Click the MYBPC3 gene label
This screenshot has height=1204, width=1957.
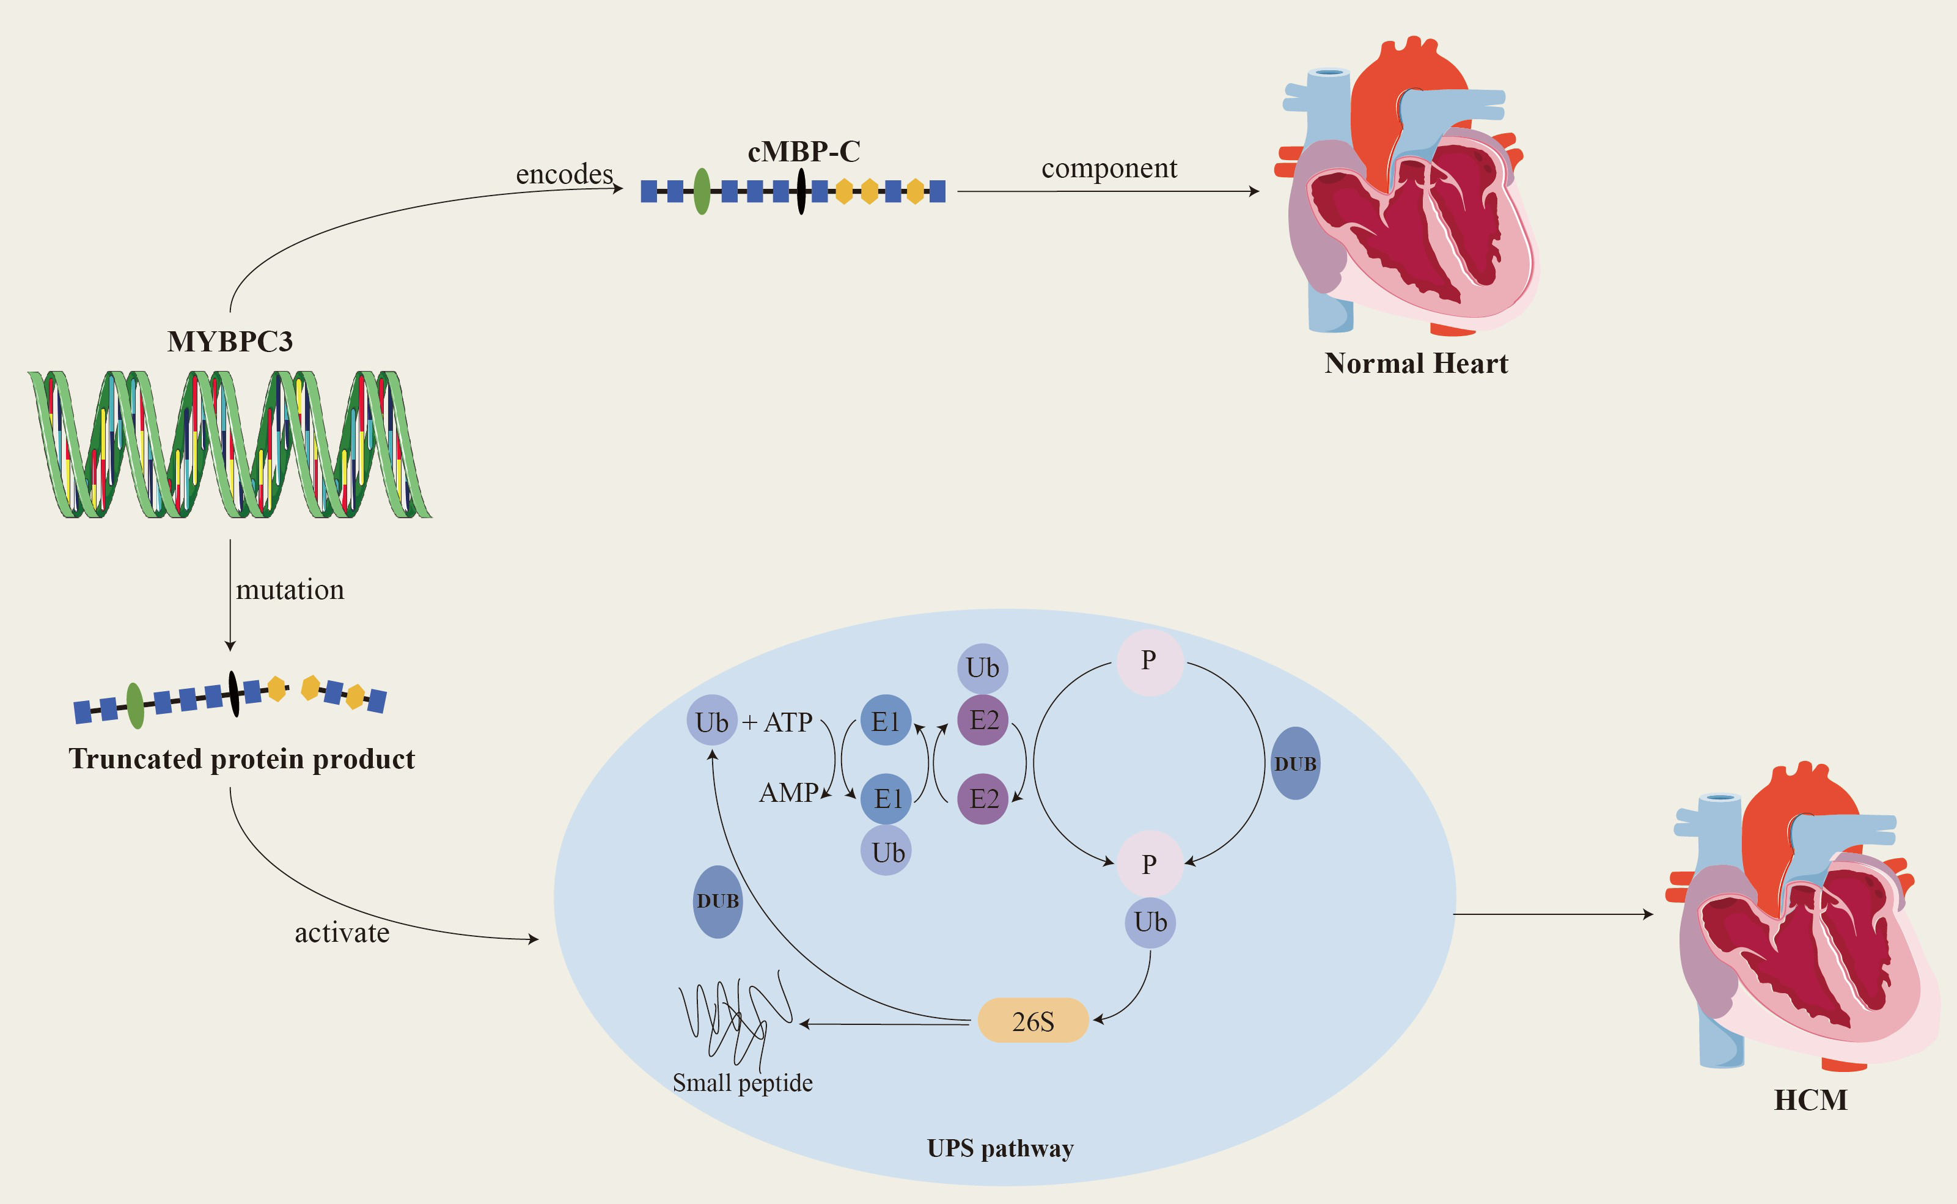(230, 342)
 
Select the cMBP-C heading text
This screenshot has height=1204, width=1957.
(803, 152)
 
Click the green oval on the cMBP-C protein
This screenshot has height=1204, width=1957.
(702, 191)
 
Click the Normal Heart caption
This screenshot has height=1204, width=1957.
(1415, 363)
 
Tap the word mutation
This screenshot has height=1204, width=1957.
(290, 590)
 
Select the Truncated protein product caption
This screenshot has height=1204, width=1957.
(241, 759)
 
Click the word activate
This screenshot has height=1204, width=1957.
(342, 933)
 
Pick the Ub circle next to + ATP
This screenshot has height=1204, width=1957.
(712, 721)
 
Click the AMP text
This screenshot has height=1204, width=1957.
(788, 793)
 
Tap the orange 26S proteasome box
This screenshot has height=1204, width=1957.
(1033, 1021)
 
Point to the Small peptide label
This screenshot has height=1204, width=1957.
(742, 1083)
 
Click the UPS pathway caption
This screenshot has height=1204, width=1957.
(1000, 1148)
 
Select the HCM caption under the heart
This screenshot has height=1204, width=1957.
(1810, 1101)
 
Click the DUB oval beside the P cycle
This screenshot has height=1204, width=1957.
(1294, 763)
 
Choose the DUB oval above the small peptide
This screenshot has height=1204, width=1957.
(718, 901)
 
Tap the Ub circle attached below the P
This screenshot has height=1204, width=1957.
(1150, 922)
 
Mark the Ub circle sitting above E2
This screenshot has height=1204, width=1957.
(983, 668)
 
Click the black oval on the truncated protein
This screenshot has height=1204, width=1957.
(233, 694)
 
